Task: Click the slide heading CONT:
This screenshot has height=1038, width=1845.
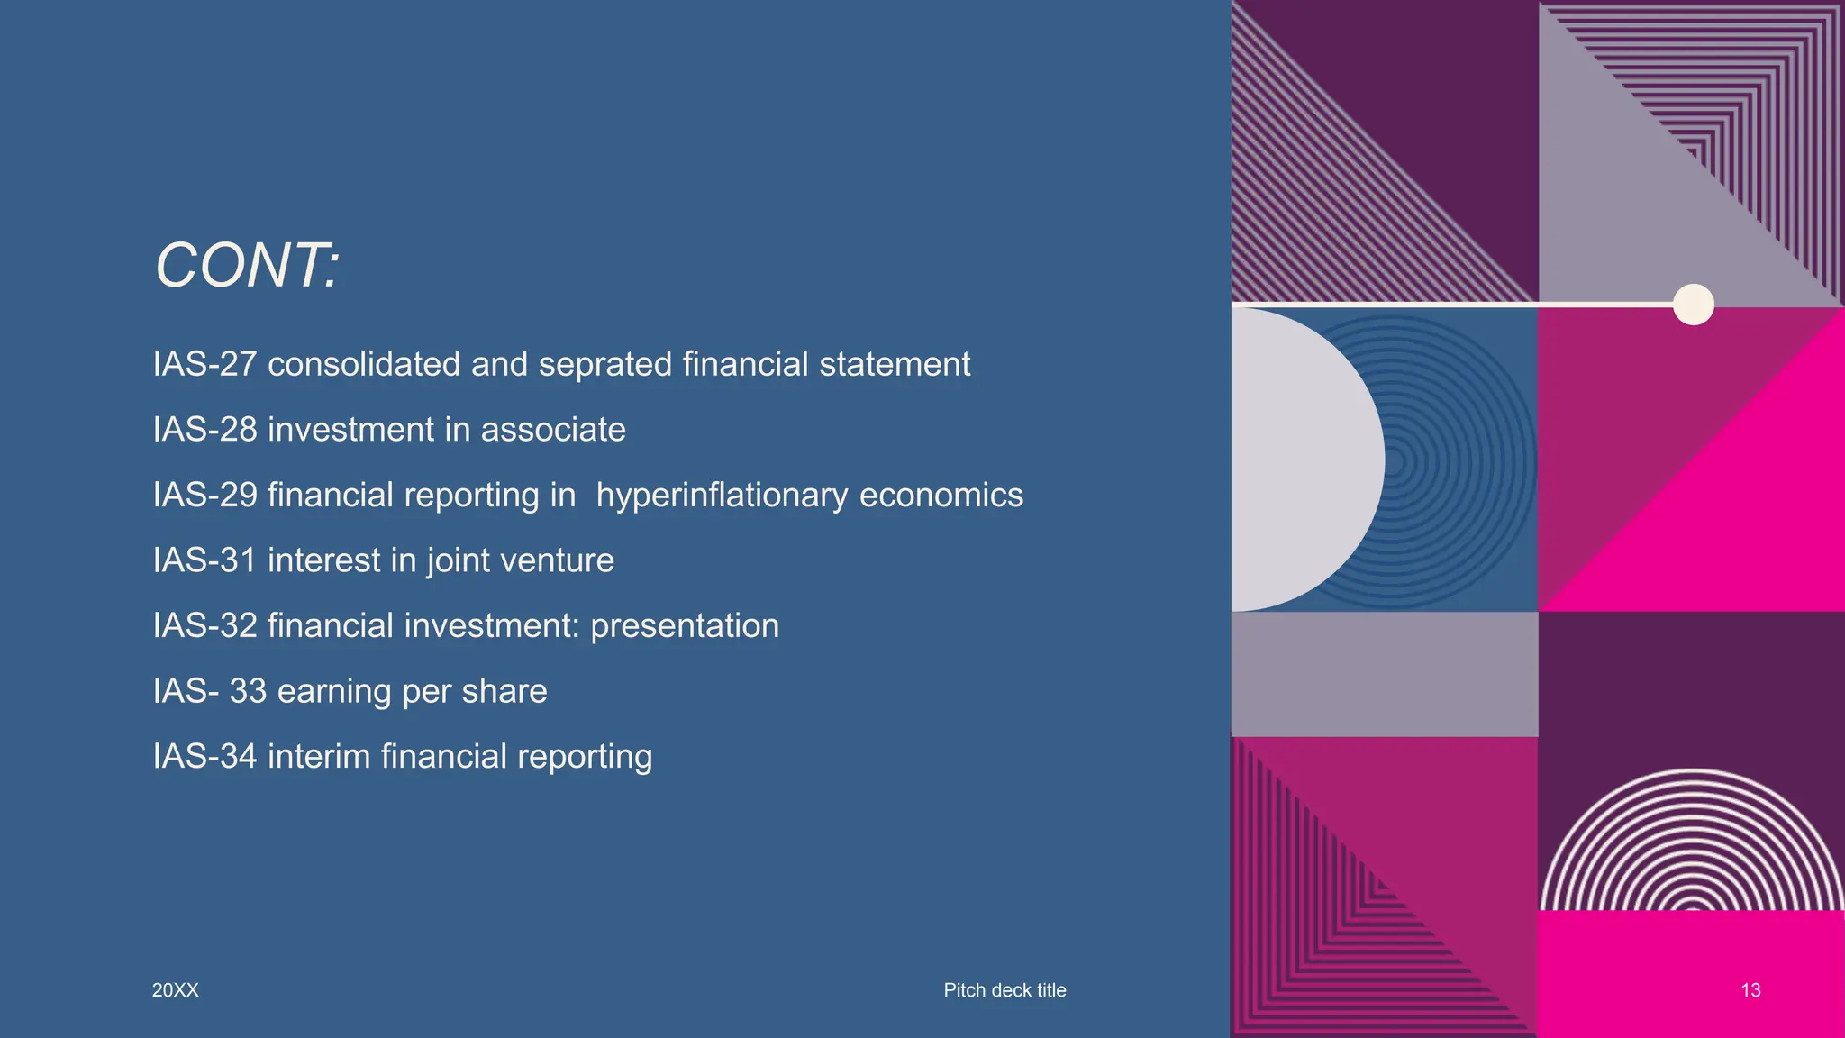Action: click(x=248, y=266)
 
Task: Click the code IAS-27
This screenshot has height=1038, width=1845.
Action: click(x=205, y=365)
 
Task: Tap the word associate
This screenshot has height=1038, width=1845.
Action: click(x=552, y=430)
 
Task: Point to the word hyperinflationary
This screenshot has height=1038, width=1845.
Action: click(x=722, y=496)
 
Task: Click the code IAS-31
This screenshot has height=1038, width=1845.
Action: click(x=205, y=560)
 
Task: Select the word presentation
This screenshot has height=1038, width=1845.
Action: click(x=685, y=626)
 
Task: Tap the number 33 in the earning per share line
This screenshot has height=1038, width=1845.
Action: click(x=248, y=691)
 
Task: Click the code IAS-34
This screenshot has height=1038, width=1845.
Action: click(x=205, y=757)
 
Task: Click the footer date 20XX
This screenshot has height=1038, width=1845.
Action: click(x=176, y=990)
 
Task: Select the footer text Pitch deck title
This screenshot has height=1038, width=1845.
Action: click(x=1004, y=990)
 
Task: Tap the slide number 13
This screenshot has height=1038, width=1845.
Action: click(x=1750, y=990)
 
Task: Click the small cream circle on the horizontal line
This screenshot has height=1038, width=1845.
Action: click(x=1694, y=305)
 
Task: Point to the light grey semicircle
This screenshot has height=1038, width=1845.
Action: click(x=1297, y=460)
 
